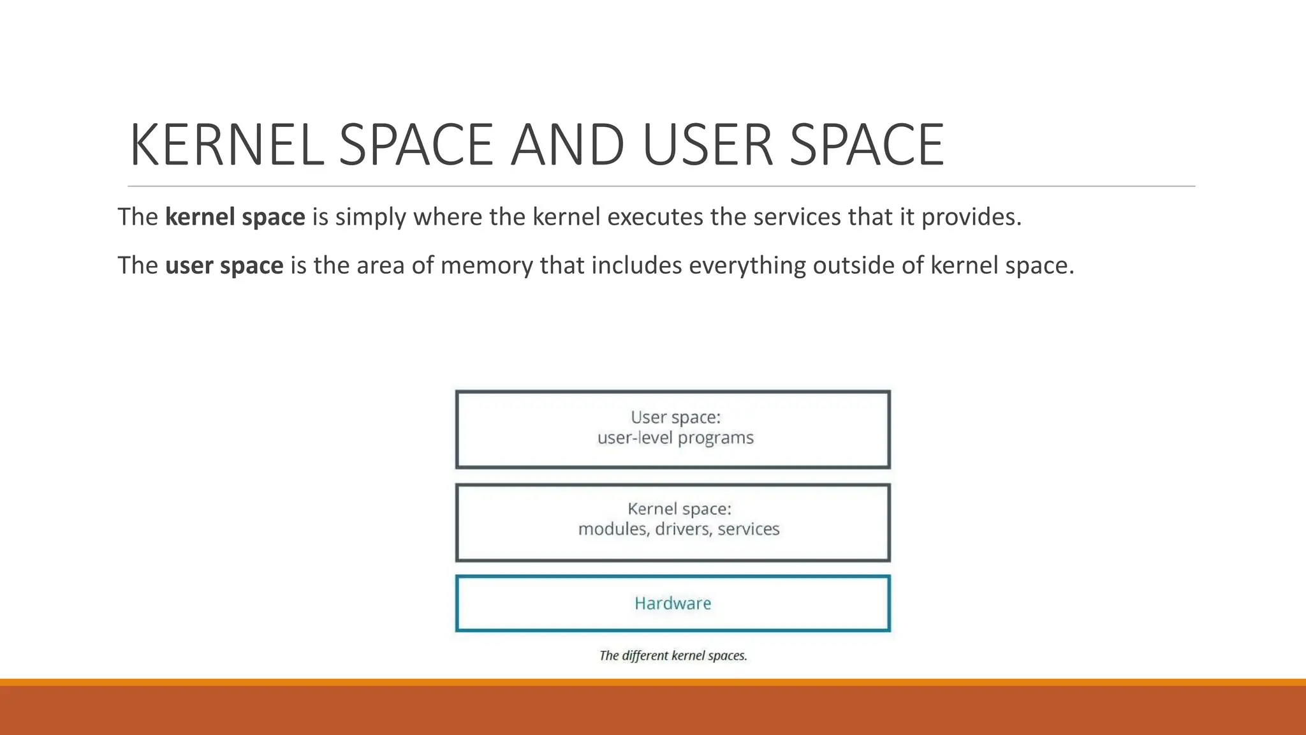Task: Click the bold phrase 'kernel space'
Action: [x=235, y=218]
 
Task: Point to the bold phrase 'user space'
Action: [x=224, y=265]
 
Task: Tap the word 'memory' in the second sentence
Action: [x=486, y=265]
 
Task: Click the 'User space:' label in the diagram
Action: [x=675, y=417]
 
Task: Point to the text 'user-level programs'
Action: [x=675, y=438]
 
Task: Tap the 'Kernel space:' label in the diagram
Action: [x=679, y=509]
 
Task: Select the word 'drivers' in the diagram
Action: [x=682, y=530]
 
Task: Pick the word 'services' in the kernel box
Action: [x=748, y=530]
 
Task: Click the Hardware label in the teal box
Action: [x=673, y=604]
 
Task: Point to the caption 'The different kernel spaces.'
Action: [x=673, y=656]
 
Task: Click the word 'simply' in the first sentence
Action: [x=371, y=218]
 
